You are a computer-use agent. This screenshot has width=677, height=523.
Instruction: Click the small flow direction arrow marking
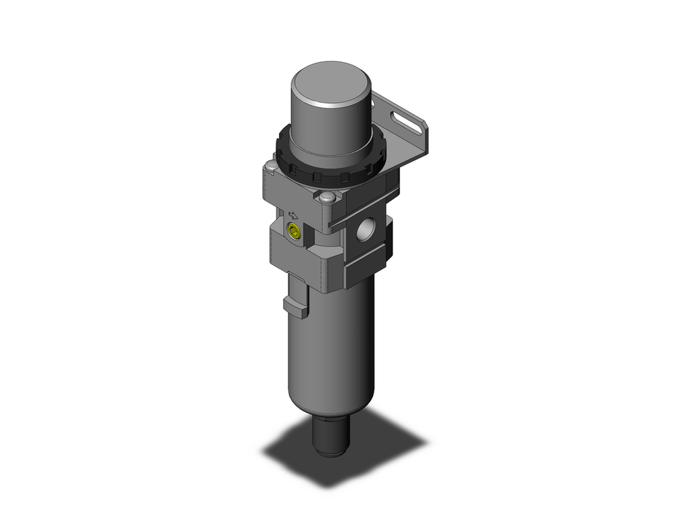coord(293,211)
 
